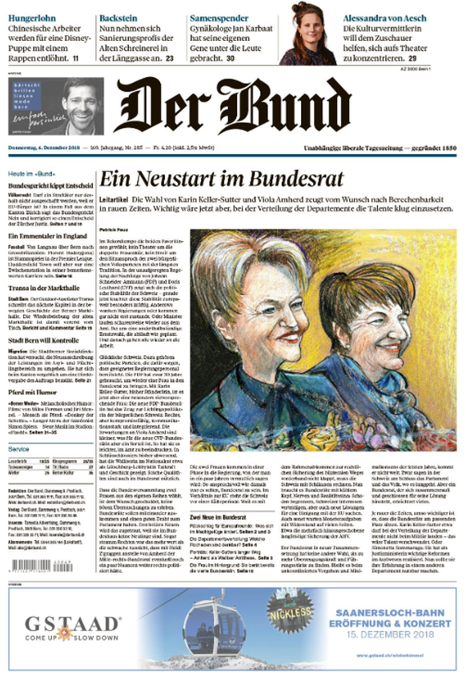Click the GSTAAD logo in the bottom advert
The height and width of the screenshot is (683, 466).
point(73,624)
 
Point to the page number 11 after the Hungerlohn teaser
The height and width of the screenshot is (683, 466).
point(75,59)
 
